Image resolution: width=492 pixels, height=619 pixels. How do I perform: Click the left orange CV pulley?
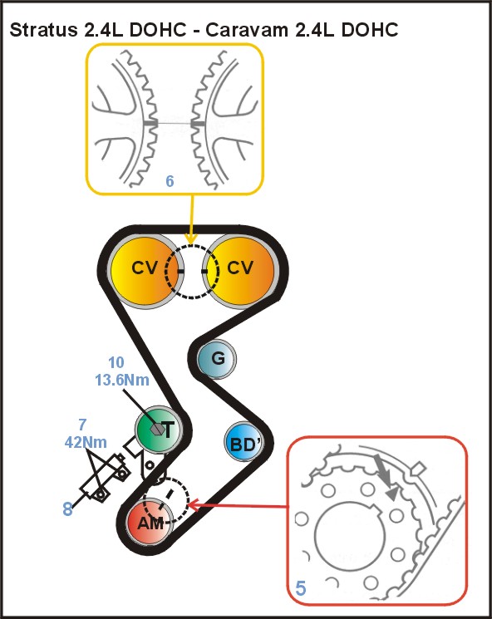tap(145, 271)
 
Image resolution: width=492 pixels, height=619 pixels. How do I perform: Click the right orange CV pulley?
tap(241, 271)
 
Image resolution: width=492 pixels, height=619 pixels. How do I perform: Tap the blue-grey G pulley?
tap(216, 359)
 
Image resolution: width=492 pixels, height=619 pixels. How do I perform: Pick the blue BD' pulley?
tap(244, 442)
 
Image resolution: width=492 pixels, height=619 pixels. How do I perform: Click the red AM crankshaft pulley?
tap(150, 523)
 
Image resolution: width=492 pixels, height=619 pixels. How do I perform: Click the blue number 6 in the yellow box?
tap(170, 181)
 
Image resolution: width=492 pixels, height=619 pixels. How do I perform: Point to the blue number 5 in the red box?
tap(301, 588)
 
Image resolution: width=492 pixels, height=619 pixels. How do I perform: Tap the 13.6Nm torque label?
tap(122, 381)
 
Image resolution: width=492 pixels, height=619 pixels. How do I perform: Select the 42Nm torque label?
tap(86, 442)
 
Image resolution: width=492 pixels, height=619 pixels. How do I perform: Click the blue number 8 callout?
tap(68, 508)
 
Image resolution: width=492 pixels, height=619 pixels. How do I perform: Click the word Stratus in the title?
tap(43, 30)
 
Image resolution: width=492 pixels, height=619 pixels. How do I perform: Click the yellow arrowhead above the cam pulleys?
tap(191, 238)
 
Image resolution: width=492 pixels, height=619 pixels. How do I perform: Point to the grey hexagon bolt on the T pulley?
tap(158, 429)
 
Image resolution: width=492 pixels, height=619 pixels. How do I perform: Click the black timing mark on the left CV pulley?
tap(181, 271)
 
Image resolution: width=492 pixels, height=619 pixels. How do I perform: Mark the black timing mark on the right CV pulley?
tap(204, 271)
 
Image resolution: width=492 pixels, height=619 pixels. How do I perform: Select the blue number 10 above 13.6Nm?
tap(116, 362)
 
